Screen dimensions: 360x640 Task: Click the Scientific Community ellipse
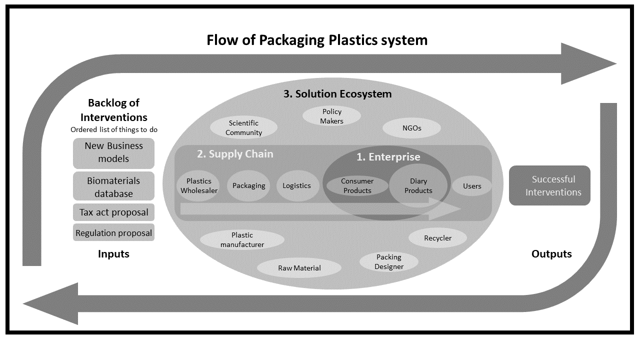(243, 128)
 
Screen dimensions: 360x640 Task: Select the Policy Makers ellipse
(332, 116)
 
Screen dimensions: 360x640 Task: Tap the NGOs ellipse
(411, 128)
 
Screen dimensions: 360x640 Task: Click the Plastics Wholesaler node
(199, 186)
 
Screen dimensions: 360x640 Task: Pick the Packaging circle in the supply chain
(248, 186)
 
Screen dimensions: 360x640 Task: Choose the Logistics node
(296, 186)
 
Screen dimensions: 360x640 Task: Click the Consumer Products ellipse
(357, 186)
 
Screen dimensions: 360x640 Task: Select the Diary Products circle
(418, 186)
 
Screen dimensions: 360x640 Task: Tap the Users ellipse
(471, 186)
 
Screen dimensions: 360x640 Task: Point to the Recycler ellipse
(437, 238)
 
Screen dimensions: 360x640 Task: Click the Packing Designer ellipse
(388, 261)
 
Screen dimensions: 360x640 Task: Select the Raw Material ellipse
(299, 268)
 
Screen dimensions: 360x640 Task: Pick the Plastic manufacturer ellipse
(242, 239)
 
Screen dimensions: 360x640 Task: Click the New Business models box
(113, 152)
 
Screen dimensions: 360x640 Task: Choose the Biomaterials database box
(113, 187)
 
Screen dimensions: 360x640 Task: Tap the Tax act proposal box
(113, 212)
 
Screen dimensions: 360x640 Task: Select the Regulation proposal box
(113, 233)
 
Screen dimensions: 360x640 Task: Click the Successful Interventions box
(549, 185)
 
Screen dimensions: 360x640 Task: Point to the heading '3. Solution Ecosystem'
(337, 94)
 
